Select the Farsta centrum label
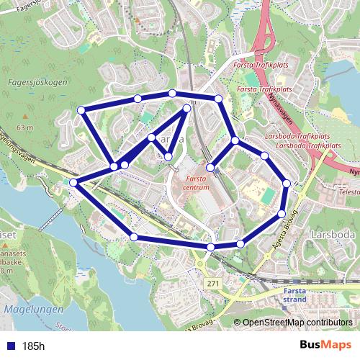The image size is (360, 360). tap(197, 181)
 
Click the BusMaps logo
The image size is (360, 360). tap(325, 346)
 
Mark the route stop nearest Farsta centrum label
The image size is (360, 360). tap(210, 168)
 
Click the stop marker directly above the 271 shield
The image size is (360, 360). tap(211, 247)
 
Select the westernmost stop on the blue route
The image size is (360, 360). tap(73, 183)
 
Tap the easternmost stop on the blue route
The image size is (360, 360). tap(287, 184)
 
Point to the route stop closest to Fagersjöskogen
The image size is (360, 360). tap(81, 110)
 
